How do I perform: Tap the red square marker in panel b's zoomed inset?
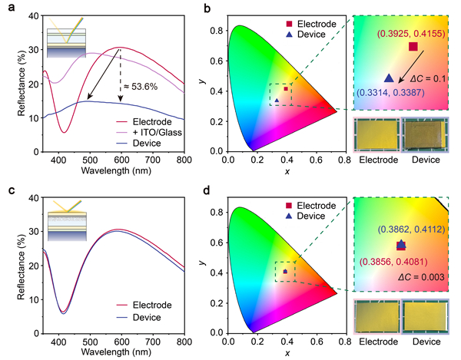click(x=413, y=48)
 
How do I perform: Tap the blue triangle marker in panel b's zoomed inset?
click(x=389, y=78)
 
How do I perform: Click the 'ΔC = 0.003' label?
click(x=421, y=276)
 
